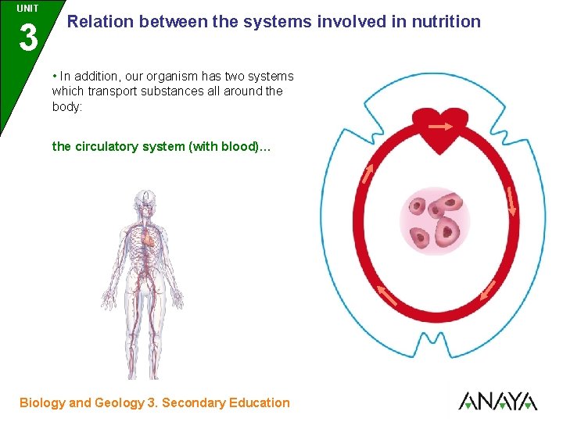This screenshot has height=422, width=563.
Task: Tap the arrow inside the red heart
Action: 440,126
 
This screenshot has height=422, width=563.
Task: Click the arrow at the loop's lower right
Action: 488,290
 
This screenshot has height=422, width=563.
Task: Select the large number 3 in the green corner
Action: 28,38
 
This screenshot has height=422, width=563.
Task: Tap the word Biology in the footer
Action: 42,403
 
